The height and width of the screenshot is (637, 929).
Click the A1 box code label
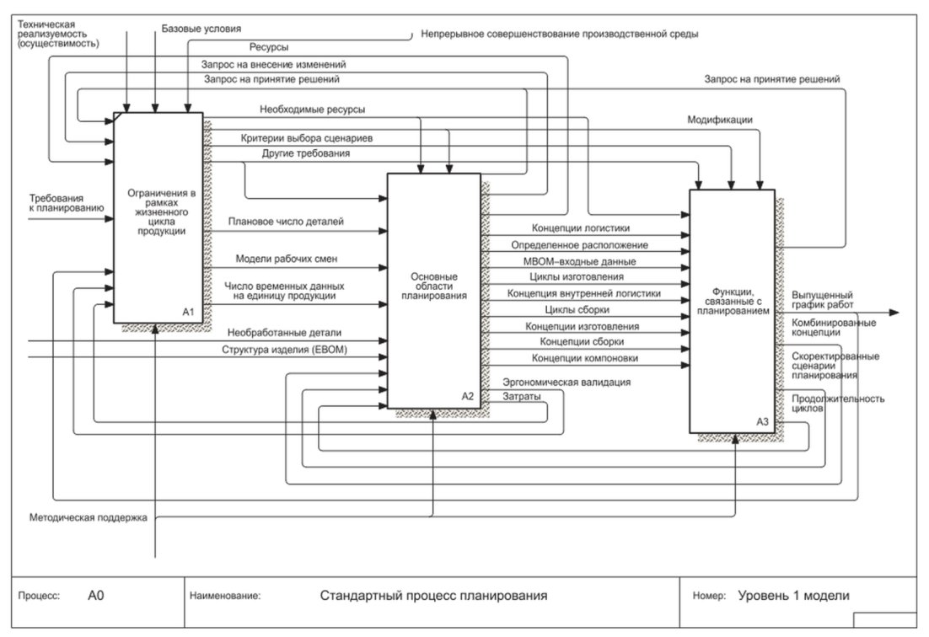tap(188, 312)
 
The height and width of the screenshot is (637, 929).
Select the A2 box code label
tap(468, 396)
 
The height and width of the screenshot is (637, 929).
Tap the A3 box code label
tap(762, 421)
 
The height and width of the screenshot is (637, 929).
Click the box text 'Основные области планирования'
tap(433, 286)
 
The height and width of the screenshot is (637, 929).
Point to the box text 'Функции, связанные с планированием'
tap(733, 302)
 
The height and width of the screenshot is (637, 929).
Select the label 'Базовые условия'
tap(201, 29)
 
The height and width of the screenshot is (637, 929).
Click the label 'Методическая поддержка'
tap(89, 517)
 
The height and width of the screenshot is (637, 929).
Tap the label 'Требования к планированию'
tap(67, 203)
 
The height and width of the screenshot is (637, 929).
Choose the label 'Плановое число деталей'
tap(286, 222)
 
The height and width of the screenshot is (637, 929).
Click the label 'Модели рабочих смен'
tap(286, 259)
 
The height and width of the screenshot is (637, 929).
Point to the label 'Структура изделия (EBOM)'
tap(284, 350)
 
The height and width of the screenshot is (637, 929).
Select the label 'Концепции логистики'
tap(581, 228)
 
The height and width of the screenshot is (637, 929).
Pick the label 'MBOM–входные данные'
tap(579, 262)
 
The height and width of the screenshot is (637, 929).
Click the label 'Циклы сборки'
tap(577, 309)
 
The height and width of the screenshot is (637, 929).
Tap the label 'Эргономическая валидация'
tap(567, 383)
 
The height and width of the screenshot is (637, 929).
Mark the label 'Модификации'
tap(720, 120)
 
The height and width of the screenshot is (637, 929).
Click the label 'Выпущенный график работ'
tap(822, 300)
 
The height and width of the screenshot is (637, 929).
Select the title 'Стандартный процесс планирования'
tap(433, 596)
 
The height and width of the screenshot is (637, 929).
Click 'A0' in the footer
tap(95, 596)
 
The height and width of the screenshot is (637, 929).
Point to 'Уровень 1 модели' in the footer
tap(793, 596)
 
